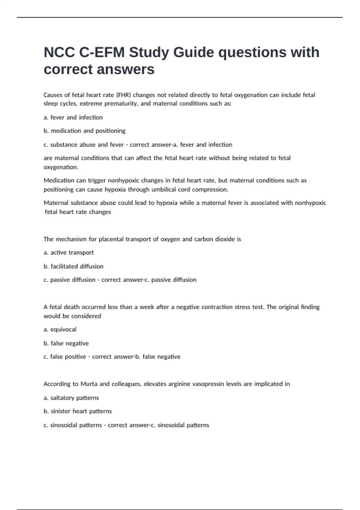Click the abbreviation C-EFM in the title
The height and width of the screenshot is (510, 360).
pos(102,52)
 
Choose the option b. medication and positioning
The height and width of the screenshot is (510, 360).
pos(85,131)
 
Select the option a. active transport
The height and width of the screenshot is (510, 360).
pos(69,253)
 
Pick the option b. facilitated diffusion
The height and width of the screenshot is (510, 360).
pos(73,266)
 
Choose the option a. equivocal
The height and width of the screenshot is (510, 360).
pos(60,329)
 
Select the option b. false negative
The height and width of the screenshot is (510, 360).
pos(66,343)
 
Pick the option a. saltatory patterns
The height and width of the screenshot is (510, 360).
pos(71,398)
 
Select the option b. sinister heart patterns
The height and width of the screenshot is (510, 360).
pos(78,411)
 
